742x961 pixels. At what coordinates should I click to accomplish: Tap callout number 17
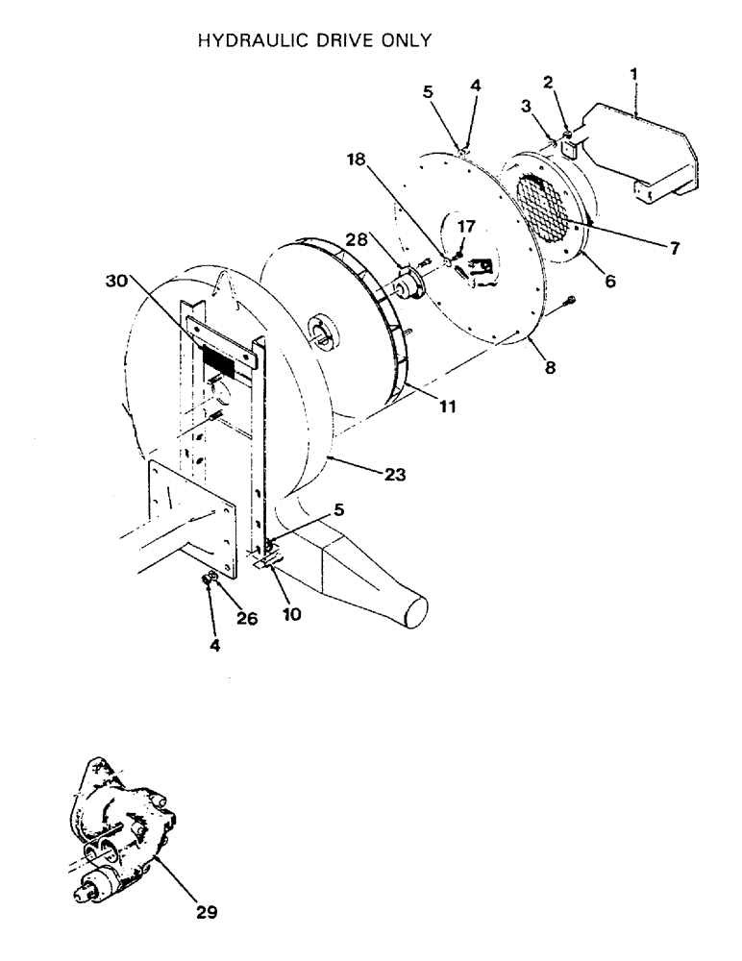[467, 228]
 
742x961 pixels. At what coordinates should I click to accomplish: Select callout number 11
[448, 407]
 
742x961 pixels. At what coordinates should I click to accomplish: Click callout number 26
[247, 620]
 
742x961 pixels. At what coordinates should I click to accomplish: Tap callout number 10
[291, 612]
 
